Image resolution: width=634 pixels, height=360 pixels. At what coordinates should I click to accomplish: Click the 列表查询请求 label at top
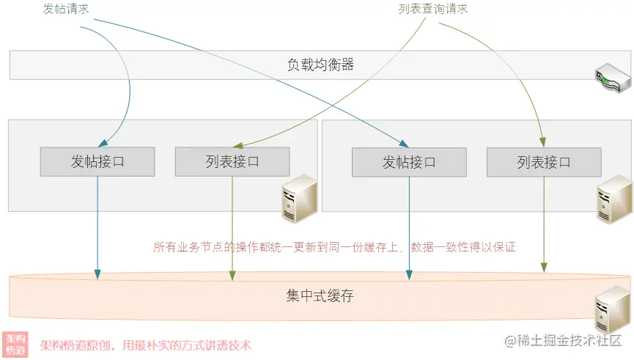[432, 10]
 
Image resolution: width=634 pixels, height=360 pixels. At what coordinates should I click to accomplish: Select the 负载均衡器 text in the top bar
[320, 65]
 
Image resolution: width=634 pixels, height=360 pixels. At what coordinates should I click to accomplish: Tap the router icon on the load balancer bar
[611, 76]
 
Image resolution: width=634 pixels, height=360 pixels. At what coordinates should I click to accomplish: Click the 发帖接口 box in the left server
[97, 161]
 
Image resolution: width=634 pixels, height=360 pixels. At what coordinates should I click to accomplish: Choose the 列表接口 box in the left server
[232, 161]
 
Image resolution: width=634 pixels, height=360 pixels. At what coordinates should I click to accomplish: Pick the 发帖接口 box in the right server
[409, 161]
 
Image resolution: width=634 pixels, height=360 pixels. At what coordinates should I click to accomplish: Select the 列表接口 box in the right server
[544, 161]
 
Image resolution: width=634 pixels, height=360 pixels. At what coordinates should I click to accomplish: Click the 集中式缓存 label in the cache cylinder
[320, 296]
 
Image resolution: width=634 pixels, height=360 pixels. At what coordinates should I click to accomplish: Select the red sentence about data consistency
[334, 247]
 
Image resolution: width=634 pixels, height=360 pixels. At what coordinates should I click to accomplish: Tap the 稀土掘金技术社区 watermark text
[561, 340]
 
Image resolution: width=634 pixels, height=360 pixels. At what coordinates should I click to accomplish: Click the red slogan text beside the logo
[145, 345]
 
